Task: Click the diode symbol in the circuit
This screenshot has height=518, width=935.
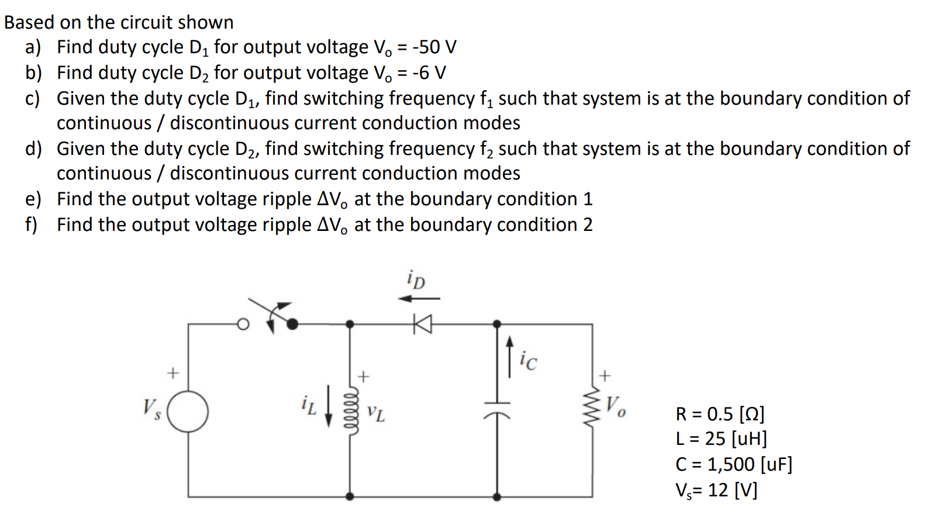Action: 422,323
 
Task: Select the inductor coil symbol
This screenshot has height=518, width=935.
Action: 350,409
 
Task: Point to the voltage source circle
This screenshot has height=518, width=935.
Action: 188,411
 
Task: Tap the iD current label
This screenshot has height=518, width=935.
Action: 416,279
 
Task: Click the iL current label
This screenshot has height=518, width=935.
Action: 309,405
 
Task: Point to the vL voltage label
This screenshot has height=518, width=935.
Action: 375,413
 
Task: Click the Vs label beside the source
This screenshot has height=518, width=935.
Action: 151,408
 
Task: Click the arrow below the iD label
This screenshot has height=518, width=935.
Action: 419,299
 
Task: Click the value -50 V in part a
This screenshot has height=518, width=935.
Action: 433,47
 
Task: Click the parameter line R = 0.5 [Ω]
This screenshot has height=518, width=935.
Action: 720,414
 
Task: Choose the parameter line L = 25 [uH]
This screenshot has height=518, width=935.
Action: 720,438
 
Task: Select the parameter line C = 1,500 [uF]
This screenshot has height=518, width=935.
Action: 733,464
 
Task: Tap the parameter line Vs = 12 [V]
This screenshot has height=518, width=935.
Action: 716,490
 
